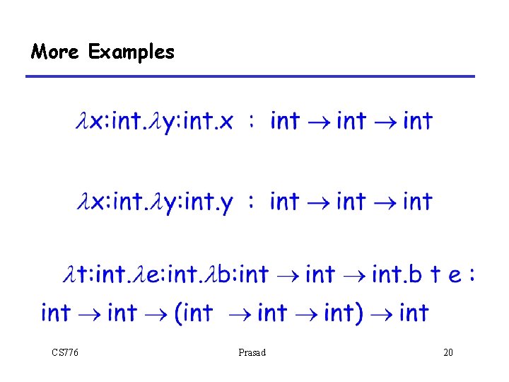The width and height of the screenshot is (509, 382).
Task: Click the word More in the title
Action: click(54, 52)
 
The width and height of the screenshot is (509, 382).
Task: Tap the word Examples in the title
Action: click(131, 52)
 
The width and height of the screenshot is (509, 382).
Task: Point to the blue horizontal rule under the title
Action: click(251, 76)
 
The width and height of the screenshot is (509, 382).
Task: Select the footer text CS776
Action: click(65, 352)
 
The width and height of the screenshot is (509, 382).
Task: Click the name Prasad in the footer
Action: click(252, 352)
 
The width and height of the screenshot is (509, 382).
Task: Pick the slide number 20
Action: click(447, 352)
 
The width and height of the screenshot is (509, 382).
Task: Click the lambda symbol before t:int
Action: click(69, 274)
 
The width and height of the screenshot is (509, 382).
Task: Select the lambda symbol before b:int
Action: click(209, 274)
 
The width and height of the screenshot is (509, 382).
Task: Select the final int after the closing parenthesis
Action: click(414, 312)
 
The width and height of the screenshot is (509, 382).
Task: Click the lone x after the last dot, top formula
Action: click(226, 122)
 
